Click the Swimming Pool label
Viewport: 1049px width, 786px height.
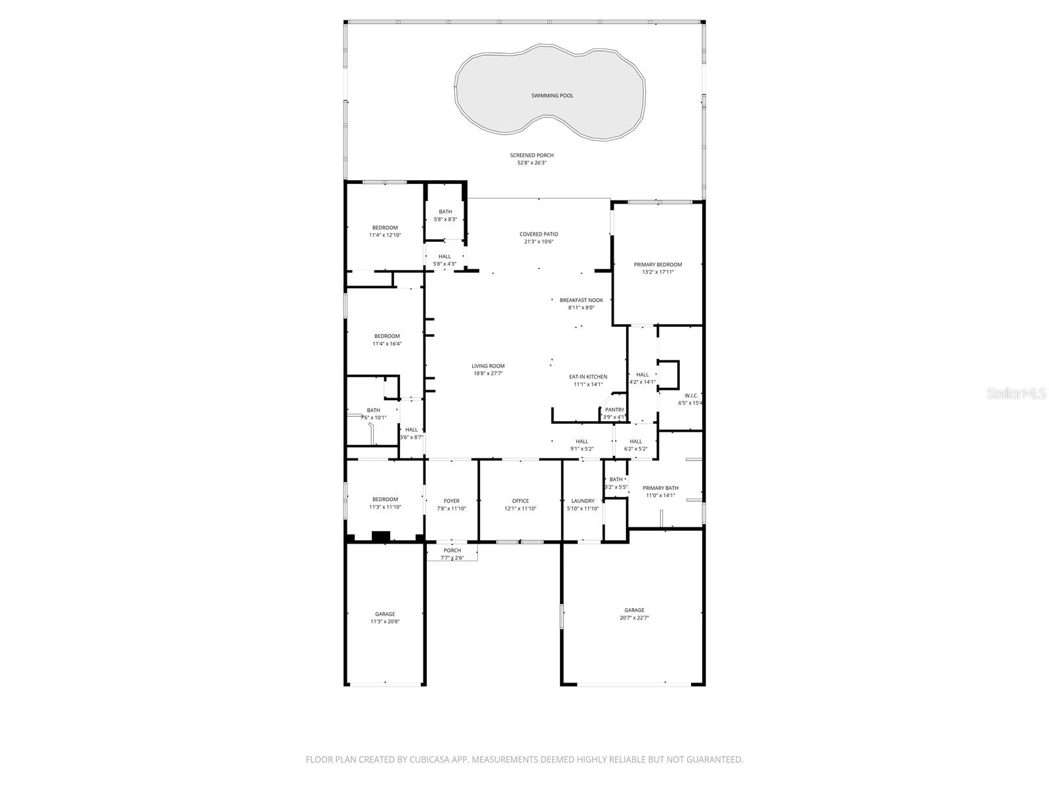coord(552,96)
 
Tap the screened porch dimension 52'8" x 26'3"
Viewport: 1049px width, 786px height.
coord(532,162)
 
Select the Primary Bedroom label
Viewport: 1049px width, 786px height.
coord(658,265)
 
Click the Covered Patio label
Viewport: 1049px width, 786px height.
coord(539,234)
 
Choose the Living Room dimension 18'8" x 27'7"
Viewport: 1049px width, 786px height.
coord(488,373)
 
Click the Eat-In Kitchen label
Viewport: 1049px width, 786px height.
coord(587,377)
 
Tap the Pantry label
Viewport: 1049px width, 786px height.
coord(614,409)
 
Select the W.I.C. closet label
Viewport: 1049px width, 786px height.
coord(691,396)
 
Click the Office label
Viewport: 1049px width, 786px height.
coord(521,501)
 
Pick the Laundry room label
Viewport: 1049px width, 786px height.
coord(582,501)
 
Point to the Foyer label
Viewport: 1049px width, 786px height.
coord(451,501)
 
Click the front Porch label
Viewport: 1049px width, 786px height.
coord(452,550)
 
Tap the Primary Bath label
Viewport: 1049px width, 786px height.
coord(660,488)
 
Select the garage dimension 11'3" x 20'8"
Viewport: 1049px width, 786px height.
coord(385,622)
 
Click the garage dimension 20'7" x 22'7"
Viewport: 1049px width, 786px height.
coord(634,618)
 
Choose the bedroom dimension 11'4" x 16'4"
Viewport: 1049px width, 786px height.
coord(387,343)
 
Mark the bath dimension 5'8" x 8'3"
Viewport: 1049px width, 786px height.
coord(445,219)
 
